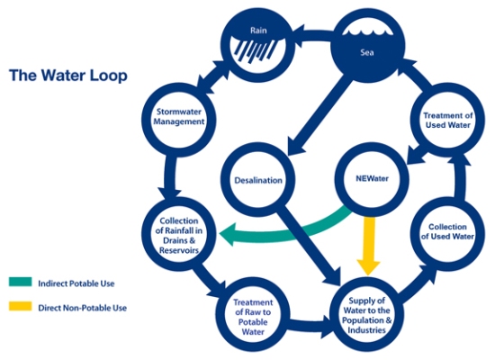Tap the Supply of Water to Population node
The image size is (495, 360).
click(x=370, y=311)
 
